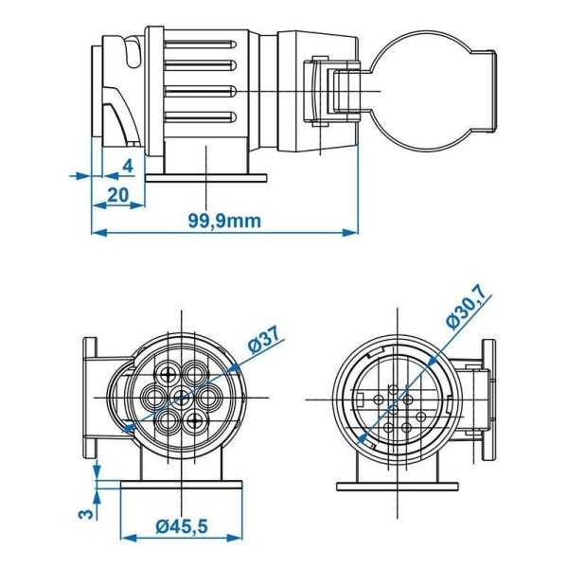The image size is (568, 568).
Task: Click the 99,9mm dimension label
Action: coord(223,220)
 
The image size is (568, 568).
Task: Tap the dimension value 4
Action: coord(126,166)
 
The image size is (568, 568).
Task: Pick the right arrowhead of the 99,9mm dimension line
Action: coord(354,232)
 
